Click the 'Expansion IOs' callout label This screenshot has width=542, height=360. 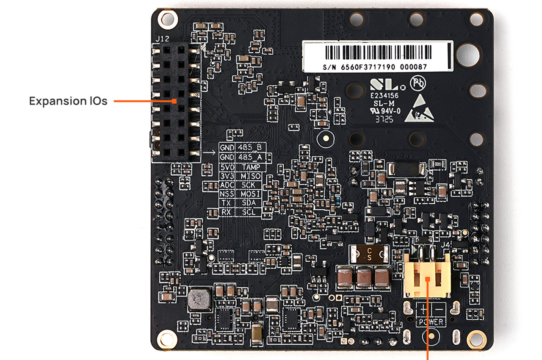(68, 101)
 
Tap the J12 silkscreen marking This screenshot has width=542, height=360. (163, 39)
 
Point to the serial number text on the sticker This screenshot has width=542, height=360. (375, 67)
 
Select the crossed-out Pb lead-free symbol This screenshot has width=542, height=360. (418, 83)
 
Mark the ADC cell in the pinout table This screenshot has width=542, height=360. (226, 185)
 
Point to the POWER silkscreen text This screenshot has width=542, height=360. (431, 322)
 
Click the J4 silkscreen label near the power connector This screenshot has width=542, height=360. (445, 244)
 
